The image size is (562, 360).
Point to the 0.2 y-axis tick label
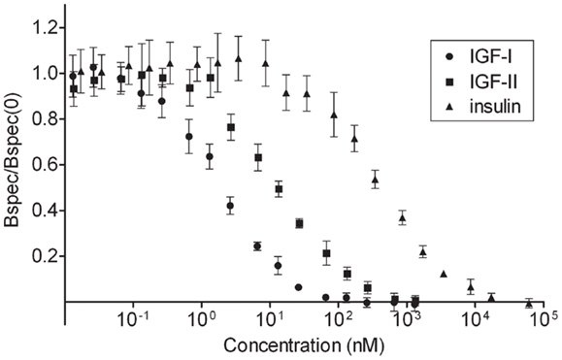tap(43, 256)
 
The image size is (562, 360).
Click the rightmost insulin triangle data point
tap(529, 303)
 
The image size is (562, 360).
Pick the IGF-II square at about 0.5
tap(279, 189)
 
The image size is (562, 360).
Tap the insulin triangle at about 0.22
tap(422, 251)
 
